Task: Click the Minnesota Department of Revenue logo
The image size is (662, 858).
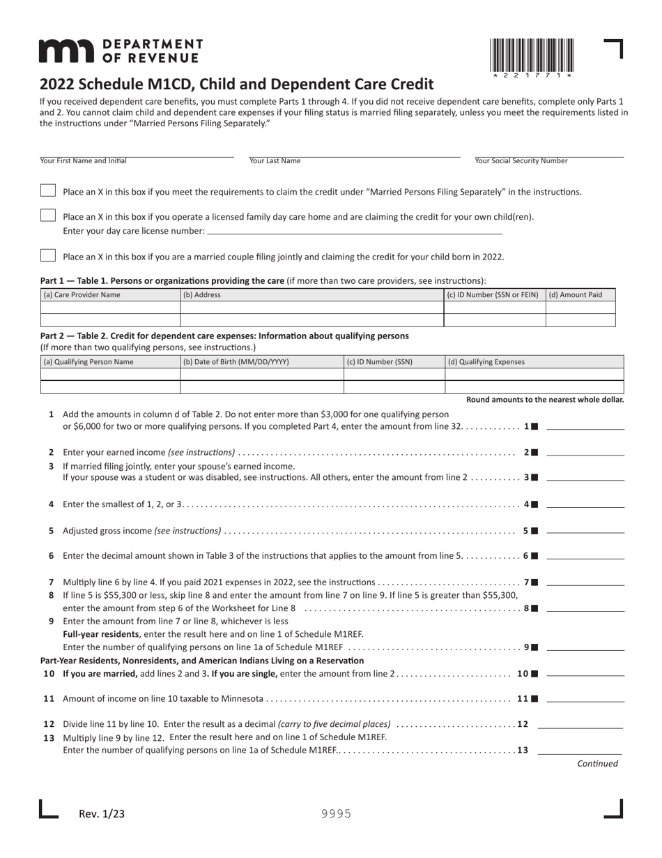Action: (x=121, y=51)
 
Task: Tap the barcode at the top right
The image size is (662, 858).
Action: (x=532, y=55)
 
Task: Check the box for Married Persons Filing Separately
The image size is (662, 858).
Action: (x=47, y=191)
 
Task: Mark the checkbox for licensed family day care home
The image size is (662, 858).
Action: (x=47, y=216)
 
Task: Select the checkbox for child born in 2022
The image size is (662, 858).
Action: (x=47, y=256)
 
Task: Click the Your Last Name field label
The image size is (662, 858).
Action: (x=275, y=161)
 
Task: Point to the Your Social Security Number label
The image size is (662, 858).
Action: (x=521, y=161)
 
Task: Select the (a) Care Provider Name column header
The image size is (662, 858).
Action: (x=82, y=295)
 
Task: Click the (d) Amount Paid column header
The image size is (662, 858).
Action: (x=575, y=295)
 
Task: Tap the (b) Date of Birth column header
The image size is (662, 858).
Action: (x=236, y=362)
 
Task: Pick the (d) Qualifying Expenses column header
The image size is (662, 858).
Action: (x=486, y=362)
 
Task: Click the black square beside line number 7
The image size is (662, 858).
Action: (x=534, y=582)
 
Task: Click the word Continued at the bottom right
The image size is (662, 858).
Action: (x=597, y=764)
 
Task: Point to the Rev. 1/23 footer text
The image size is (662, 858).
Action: (x=102, y=813)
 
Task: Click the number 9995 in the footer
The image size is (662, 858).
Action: (x=336, y=814)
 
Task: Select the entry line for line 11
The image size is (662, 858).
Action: (x=585, y=699)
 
